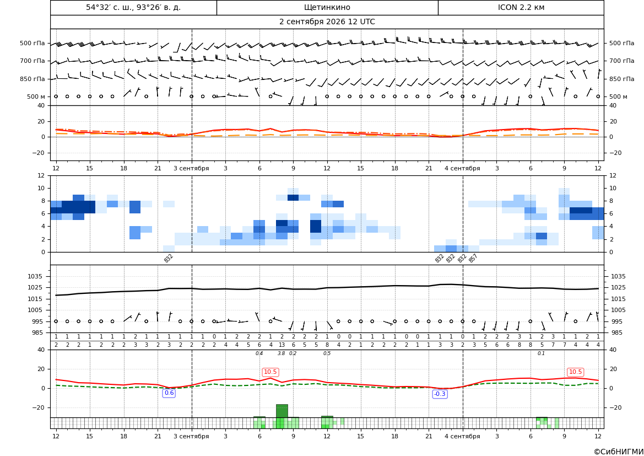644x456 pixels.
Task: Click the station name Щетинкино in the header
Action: click(327, 7)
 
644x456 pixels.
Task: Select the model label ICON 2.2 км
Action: click(521, 7)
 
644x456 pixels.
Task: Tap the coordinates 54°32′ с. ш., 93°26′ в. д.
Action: click(133, 7)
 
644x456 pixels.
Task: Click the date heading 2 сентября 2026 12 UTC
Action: click(327, 22)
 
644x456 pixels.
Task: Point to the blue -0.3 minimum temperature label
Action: click(440, 394)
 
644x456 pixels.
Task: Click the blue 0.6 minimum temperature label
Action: click(169, 393)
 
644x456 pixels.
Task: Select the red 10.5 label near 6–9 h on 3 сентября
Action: click(270, 372)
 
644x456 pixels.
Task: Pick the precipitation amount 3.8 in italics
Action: click(282, 353)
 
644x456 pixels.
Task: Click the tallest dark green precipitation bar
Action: click(282, 411)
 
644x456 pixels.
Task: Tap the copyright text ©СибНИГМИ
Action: click(619, 452)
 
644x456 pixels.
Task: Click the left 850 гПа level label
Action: click(33, 79)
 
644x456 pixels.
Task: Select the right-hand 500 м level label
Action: click(618, 96)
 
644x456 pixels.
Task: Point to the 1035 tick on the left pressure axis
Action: click(33, 276)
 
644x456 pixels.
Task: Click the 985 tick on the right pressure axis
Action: click(619, 332)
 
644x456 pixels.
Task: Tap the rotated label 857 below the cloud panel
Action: click(473, 259)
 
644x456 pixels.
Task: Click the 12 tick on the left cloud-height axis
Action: click(41, 175)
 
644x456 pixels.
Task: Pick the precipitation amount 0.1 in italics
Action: click(542, 353)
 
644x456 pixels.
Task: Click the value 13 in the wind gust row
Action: click(282, 345)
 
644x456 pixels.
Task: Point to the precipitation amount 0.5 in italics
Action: click(327, 353)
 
